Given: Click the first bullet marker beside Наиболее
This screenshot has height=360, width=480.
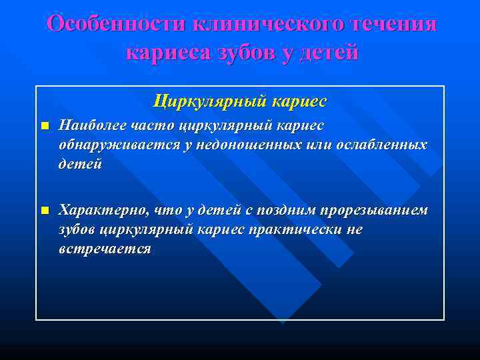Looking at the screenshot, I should (x=44, y=126).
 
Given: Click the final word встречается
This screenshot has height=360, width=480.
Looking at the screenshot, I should (x=105, y=249).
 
